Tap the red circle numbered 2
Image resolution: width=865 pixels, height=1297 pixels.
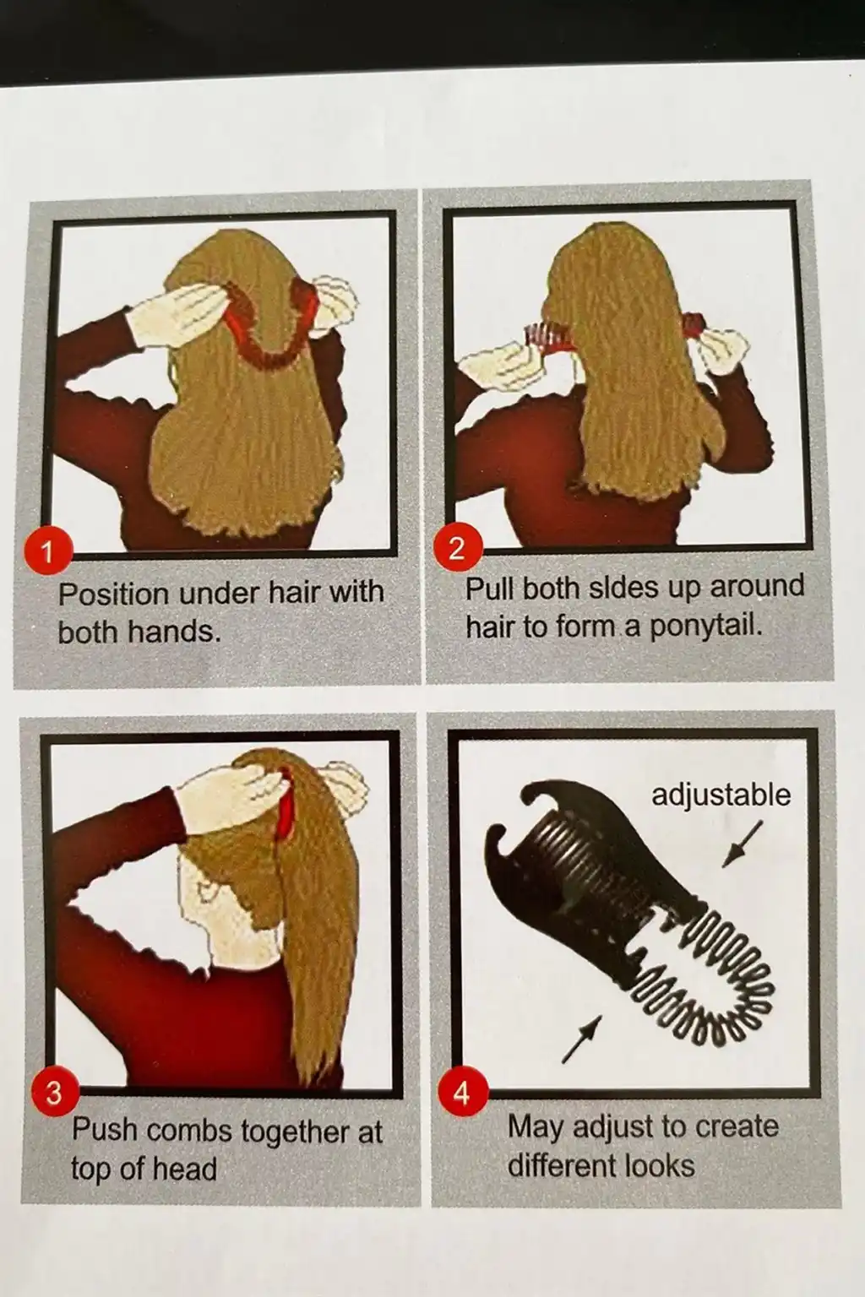458,547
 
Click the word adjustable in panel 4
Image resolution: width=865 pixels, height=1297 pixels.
721,795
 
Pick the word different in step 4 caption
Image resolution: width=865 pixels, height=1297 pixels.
562,1165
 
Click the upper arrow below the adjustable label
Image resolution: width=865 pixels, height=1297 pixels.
743,844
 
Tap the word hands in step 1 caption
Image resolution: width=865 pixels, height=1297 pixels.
174,631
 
